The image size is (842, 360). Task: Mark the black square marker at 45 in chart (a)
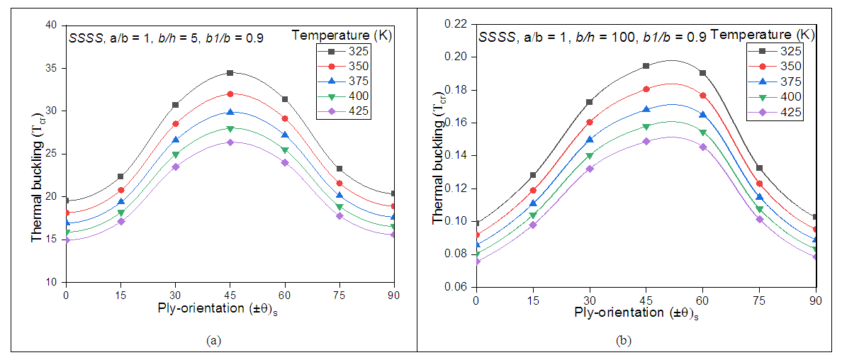[x=230, y=73]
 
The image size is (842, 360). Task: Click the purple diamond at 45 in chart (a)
[x=230, y=142]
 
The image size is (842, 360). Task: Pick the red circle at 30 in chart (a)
[x=175, y=123]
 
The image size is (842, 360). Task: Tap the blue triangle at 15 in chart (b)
[x=533, y=203]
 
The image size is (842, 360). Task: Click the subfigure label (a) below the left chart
[x=212, y=340]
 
